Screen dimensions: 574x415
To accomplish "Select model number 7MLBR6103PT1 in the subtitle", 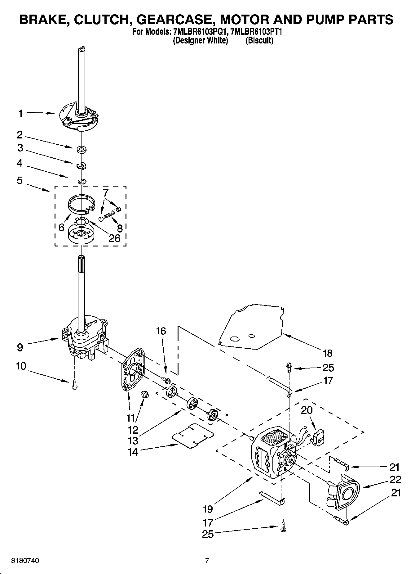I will [x=256, y=32].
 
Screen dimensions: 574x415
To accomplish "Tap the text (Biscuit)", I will [x=259, y=40].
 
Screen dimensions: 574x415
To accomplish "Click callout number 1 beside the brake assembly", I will [x=20, y=114].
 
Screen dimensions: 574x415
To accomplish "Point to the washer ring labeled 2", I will [x=82, y=150].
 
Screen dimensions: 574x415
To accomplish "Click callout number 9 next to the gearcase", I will [x=20, y=347].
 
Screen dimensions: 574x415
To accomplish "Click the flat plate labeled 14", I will [x=193, y=436].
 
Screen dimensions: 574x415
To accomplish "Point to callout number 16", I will [x=161, y=331].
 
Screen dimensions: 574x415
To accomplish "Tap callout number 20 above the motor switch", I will [x=307, y=410].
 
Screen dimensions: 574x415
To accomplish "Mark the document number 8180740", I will [x=25, y=561].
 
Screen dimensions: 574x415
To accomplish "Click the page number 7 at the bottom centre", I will [x=207, y=561].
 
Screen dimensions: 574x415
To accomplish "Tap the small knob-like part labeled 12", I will [x=145, y=395].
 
